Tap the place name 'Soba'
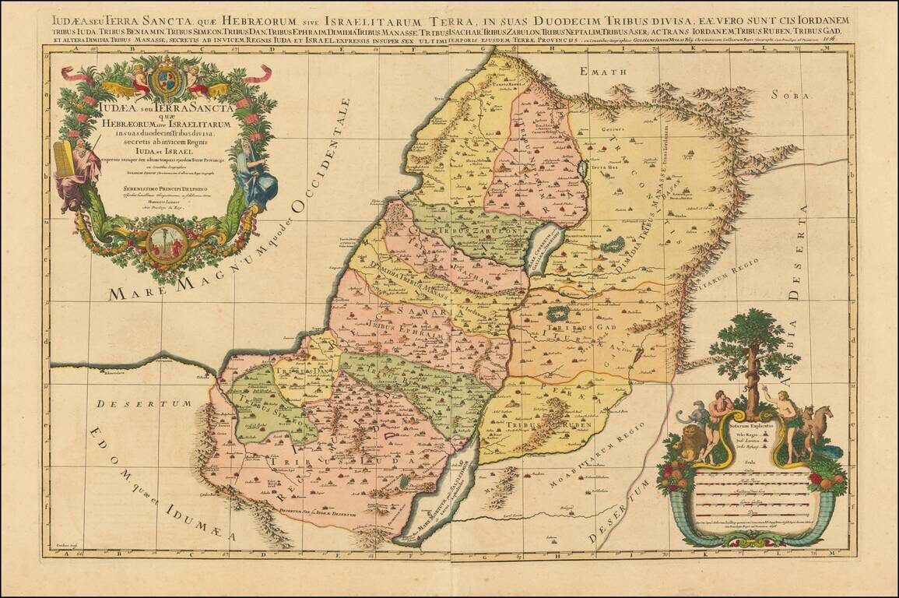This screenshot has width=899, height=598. point(792,95)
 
